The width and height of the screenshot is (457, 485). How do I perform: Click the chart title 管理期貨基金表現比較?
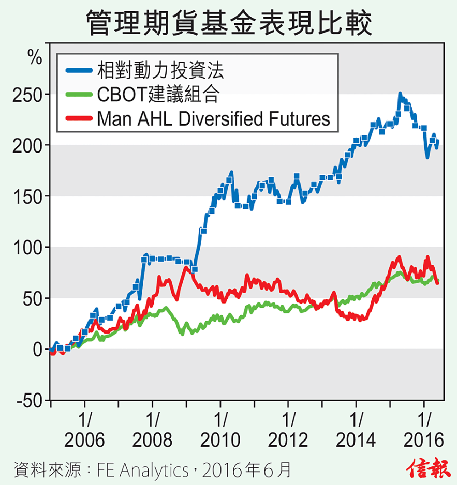coord(228,22)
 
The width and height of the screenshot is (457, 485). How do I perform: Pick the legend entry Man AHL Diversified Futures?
coord(213,118)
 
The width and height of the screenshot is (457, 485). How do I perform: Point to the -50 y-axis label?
coord(30,401)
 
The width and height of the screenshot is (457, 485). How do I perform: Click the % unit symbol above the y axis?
coord(35,58)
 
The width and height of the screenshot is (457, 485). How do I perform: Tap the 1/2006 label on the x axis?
coord(85,430)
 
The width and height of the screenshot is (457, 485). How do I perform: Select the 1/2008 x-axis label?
coord(153,430)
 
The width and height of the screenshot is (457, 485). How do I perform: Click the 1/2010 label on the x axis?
coord(220,430)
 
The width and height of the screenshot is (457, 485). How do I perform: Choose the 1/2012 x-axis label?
coord(288,430)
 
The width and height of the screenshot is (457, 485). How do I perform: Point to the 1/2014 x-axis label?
coord(356,430)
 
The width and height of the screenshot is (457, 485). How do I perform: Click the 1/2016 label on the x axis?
coord(424,430)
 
